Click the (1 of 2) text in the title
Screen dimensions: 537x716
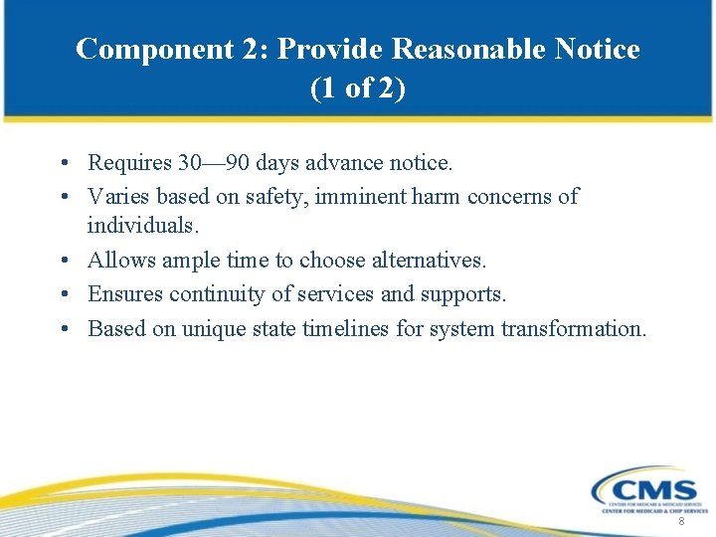358,89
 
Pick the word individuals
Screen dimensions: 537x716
142,226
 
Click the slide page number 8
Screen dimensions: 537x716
681,522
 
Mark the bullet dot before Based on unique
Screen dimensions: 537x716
63,329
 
